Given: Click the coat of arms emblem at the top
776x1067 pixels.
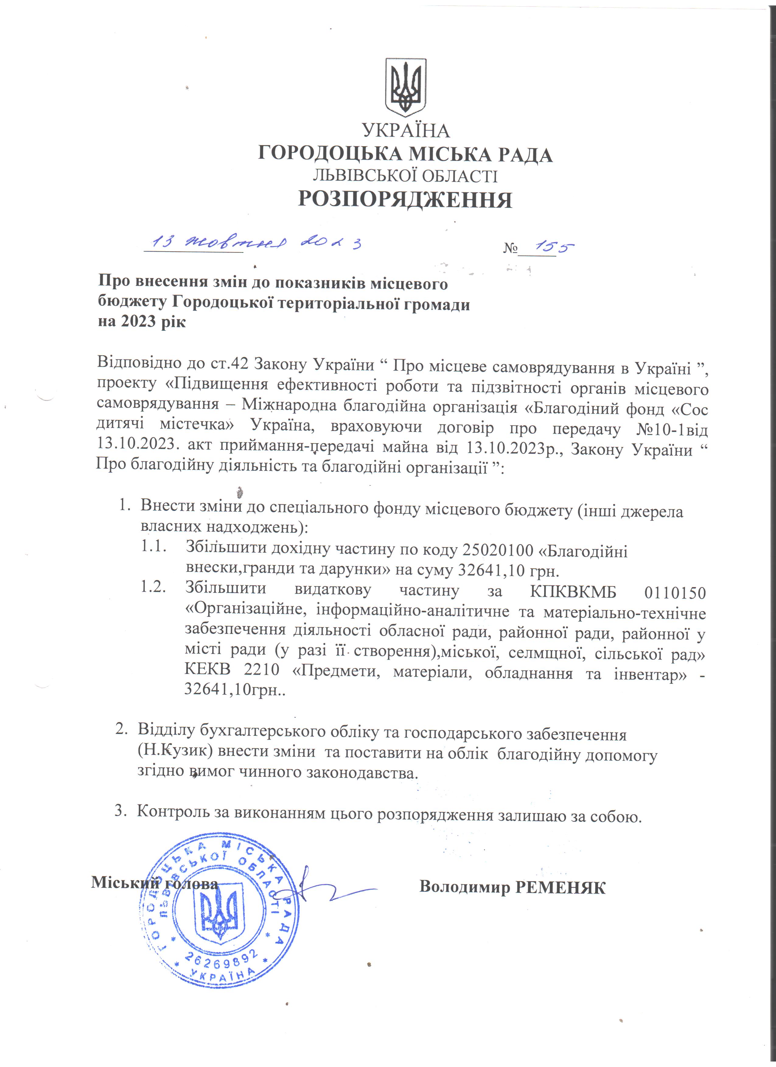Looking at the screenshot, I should (x=406, y=88).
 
